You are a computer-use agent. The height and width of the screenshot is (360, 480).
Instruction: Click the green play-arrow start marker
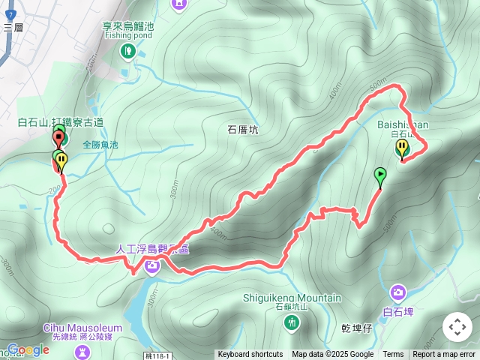point(380,176)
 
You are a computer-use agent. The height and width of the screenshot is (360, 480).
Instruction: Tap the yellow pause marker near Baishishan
point(402,148)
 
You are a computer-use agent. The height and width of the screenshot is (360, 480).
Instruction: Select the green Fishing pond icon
point(127,51)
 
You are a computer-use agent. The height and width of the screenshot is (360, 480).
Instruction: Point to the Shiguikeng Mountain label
point(292,298)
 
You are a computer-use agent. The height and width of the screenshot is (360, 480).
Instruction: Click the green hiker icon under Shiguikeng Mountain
point(292,322)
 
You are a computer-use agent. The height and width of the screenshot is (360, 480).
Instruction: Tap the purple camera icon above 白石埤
point(399,292)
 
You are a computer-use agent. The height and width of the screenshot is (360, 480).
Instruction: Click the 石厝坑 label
point(242,130)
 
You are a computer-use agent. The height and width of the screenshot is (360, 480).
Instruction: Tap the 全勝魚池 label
point(100,144)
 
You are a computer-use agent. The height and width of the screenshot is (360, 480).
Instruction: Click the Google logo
point(28,349)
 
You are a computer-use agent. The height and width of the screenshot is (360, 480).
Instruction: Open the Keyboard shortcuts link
point(250,355)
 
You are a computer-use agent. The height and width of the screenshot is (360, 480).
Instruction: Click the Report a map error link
point(444,355)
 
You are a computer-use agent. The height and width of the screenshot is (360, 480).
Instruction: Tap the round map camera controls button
point(457,327)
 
